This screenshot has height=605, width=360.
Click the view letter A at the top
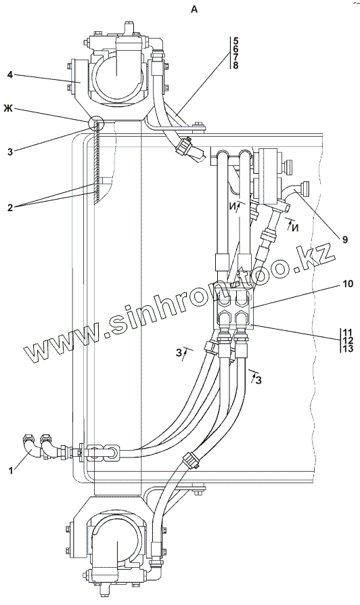pos(194,9)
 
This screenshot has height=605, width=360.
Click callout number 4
pos(10,75)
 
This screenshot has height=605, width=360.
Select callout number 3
pos(10,152)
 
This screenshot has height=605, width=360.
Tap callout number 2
pos(10,208)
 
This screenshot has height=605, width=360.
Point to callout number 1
pos(12,470)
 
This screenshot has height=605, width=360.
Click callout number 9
pos(344,240)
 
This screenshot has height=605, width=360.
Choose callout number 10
pos(348,284)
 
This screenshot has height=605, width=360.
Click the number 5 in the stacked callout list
pos(235,41)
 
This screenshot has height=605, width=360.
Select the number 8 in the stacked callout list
pos(235,65)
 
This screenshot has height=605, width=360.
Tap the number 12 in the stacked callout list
pos(348,340)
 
